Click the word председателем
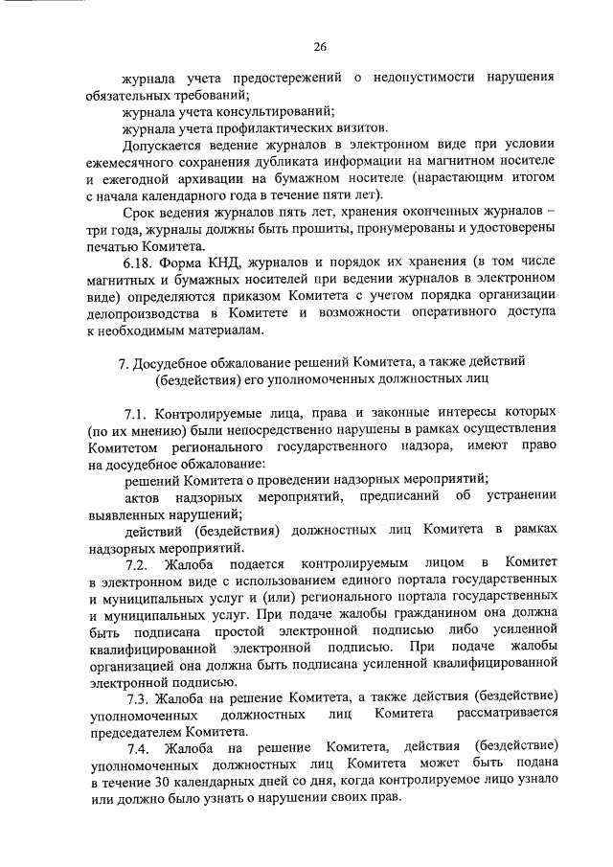tap(136, 729)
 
